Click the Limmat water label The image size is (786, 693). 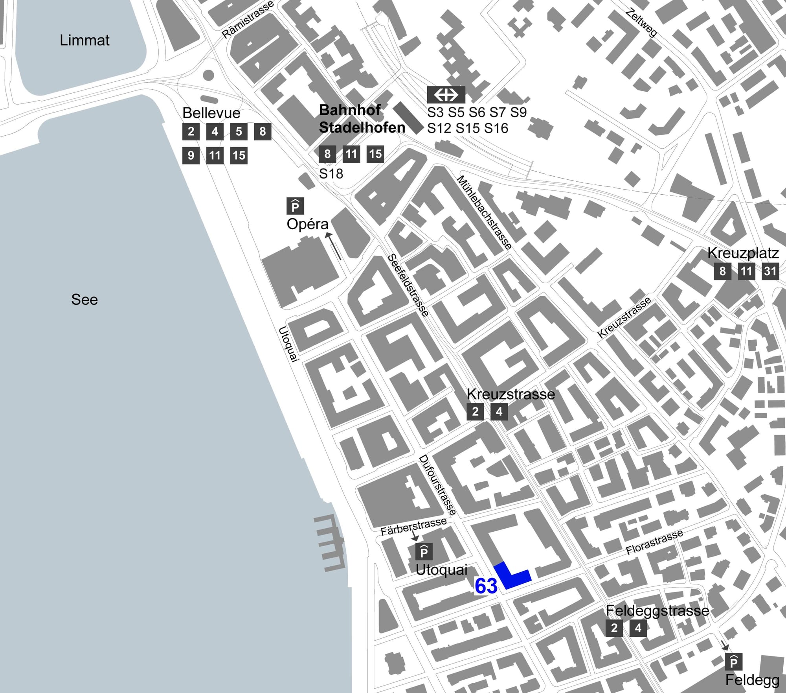(x=84, y=40)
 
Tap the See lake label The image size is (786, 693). (x=84, y=300)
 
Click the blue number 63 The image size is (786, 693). (x=486, y=586)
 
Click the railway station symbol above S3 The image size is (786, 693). (x=446, y=95)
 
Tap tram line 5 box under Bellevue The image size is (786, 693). (x=239, y=131)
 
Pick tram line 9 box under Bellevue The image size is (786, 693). (x=191, y=155)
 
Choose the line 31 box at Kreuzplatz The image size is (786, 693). (x=770, y=271)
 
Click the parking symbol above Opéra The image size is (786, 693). (x=295, y=206)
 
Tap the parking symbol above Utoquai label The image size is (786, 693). (x=424, y=552)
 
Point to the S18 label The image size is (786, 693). (x=331, y=173)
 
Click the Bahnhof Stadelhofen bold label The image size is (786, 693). (x=362, y=119)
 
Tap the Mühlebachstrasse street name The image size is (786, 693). (x=485, y=213)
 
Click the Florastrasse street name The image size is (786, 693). (x=654, y=542)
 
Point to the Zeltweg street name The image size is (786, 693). (x=641, y=23)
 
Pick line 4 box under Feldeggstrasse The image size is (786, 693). (x=638, y=628)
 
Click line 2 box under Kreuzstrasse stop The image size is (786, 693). (x=475, y=412)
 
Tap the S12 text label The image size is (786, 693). (x=439, y=128)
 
